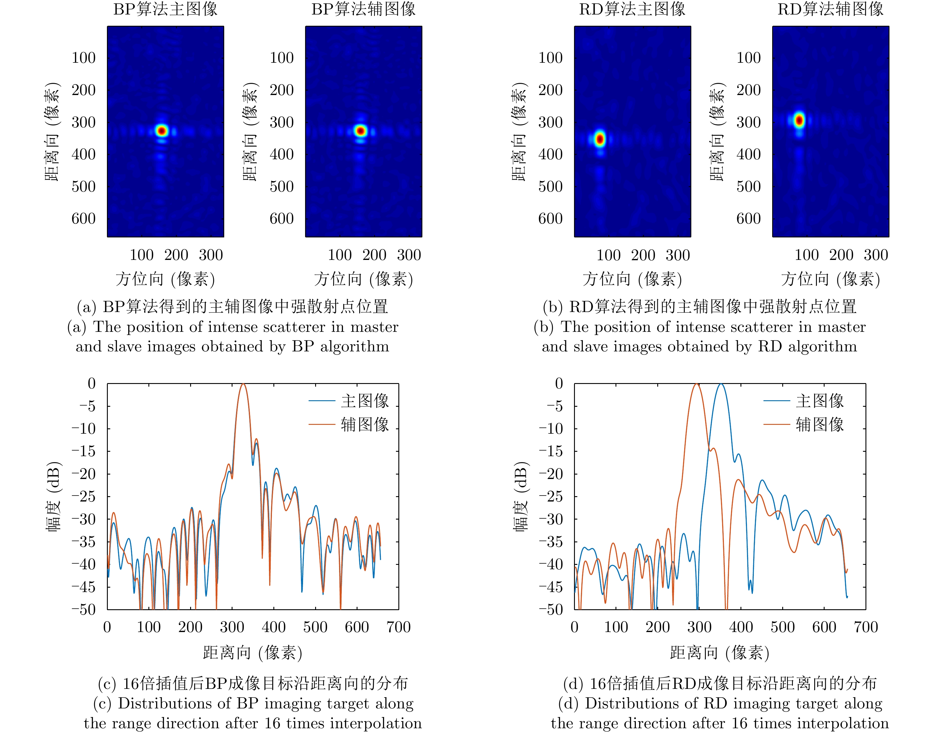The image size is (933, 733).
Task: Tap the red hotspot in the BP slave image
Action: (360, 131)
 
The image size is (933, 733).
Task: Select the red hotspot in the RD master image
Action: (600, 139)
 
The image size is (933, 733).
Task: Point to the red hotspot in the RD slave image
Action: (799, 120)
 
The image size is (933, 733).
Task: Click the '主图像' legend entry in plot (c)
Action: (365, 401)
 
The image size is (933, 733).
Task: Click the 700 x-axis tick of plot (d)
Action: (865, 627)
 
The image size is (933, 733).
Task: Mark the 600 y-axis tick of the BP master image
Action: (84, 218)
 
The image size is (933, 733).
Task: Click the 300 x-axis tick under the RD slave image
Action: (876, 255)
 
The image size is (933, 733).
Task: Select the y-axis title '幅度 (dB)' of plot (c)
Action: (54, 496)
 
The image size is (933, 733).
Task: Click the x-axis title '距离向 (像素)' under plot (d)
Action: (720, 653)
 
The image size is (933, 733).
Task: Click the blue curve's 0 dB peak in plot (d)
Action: (721, 384)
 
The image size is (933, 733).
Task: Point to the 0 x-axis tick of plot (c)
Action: (107, 627)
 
